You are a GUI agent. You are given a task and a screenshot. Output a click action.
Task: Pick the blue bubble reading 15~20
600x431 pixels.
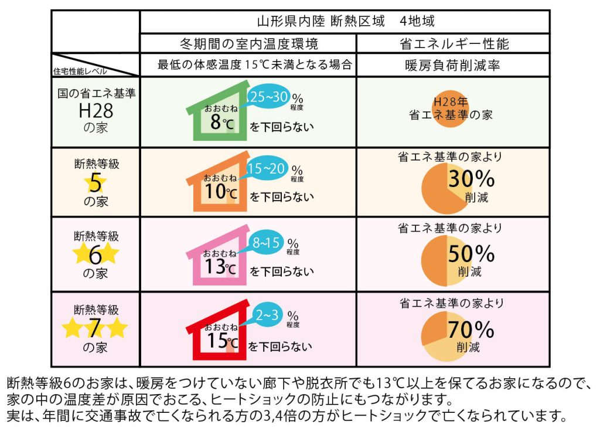[267, 169]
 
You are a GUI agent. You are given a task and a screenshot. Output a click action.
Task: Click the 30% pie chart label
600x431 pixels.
[471, 178]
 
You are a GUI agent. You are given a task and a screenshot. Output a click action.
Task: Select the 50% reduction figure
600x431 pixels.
[471, 253]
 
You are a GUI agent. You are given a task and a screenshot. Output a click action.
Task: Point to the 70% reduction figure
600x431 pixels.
[471, 329]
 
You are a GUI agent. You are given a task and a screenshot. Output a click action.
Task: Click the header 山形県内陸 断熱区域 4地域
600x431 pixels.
[345, 22]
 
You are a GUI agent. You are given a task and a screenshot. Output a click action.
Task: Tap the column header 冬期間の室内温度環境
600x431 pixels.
[248, 44]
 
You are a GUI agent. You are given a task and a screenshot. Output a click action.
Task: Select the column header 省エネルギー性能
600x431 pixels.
[454, 44]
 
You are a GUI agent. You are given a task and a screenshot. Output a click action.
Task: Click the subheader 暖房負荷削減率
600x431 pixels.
[452, 65]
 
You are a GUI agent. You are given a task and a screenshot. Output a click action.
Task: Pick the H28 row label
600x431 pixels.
[96, 110]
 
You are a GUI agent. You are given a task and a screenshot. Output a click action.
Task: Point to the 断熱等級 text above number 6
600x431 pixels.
[96, 237]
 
